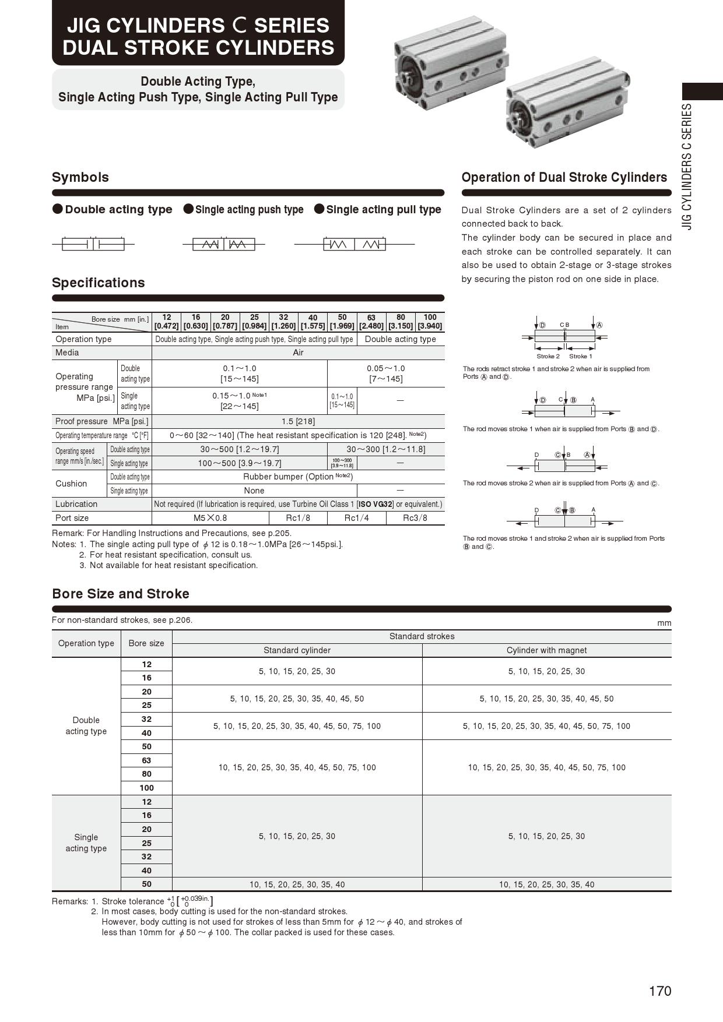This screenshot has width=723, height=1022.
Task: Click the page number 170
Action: [659, 991]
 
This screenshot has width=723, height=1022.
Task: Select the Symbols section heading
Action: [80, 177]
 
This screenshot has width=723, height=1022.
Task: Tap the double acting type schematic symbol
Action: [93, 244]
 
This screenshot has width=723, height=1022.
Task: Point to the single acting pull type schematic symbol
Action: [355, 245]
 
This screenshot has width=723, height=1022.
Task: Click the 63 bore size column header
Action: [371, 322]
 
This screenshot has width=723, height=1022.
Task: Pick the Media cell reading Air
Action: [298, 353]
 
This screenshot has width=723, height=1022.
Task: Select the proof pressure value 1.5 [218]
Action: [298, 421]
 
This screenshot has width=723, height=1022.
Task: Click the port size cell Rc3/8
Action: [415, 518]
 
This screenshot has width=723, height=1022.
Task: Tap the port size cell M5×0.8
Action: [210, 518]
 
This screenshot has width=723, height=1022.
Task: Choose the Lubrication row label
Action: [76, 504]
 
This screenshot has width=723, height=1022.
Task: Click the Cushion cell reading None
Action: [254, 491]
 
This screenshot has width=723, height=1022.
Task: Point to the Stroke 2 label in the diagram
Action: [548, 356]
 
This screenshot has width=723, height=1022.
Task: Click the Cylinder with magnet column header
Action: [546, 650]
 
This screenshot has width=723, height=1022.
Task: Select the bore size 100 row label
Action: [146, 788]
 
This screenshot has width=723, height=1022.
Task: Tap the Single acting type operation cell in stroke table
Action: [86, 843]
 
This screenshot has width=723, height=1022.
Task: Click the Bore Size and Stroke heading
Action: [121, 594]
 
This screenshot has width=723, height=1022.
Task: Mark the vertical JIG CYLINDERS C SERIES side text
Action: [687, 167]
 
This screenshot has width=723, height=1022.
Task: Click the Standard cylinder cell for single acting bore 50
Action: [297, 884]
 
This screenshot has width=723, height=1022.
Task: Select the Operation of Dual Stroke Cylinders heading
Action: [564, 177]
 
